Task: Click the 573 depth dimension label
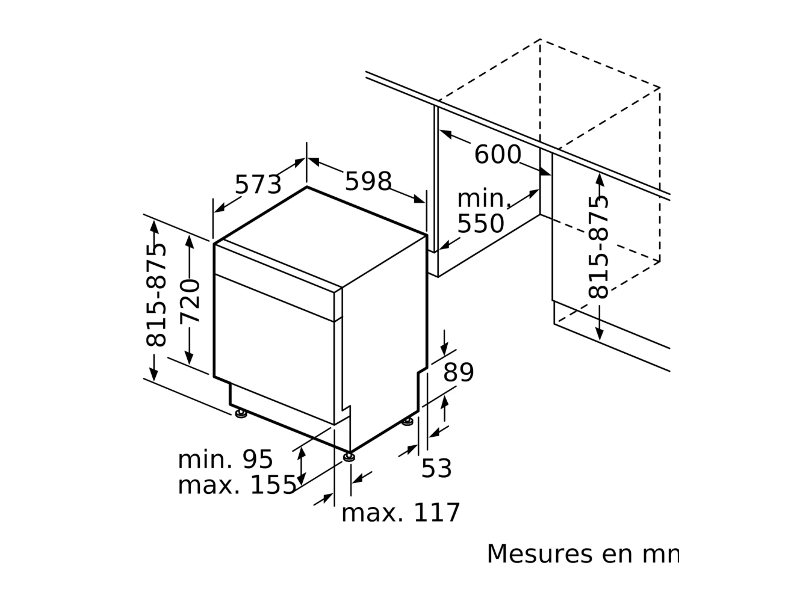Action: click(x=258, y=185)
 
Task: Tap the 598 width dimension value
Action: click(x=368, y=181)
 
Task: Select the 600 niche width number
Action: click(x=497, y=154)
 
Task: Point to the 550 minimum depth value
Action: click(x=480, y=223)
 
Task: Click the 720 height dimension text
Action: click(x=190, y=301)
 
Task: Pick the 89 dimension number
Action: click(x=458, y=372)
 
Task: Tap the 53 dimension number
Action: click(x=436, y=468)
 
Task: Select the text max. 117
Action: click(x=400, y=513)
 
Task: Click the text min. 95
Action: click(x=225, y=460)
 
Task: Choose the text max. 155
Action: click(x=237, y=485)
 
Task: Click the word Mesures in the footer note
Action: click(x=539, y=553)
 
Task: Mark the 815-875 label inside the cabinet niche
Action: click(x=598, y=248)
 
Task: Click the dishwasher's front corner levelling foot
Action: click(x=349, y=457)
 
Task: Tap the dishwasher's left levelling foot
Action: click(x=241, y=413)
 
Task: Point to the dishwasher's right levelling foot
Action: click(x=408, y=421)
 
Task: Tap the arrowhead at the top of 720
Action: click(x=190, y=241)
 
